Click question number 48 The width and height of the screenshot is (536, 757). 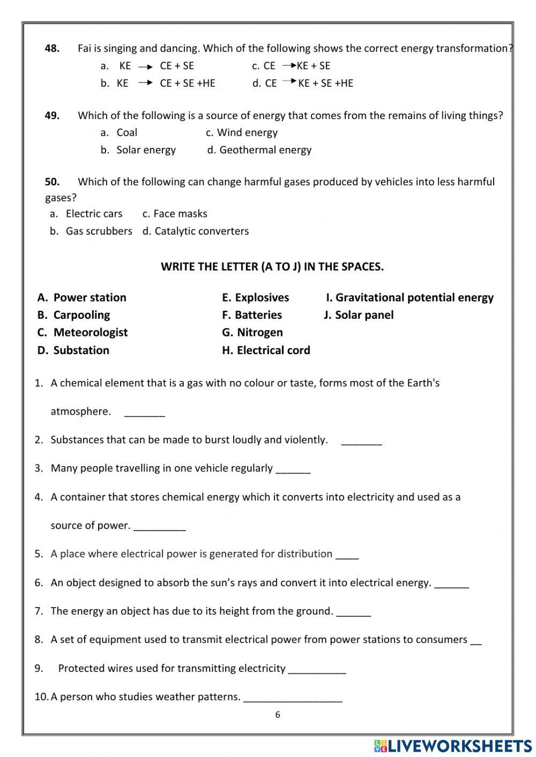tap(52, 48)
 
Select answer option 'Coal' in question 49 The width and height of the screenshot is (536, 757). tap(126, 132)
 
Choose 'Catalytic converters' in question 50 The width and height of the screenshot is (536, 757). tap(202, 231)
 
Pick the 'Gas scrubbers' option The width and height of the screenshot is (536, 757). tap(99, 231)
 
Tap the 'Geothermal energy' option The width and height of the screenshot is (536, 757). tap(265, 150)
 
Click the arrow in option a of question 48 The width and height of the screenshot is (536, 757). tap(145, 66)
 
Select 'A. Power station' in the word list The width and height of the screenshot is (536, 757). tap(82, 297)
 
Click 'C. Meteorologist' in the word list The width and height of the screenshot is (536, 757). tap(83, 332)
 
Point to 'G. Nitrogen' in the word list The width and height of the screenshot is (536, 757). tap(252, 332)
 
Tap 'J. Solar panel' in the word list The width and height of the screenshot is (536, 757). tap(359, 315)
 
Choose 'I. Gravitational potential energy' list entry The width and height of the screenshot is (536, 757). tap(410, 297)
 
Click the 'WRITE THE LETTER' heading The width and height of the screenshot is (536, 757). tap(272, 266)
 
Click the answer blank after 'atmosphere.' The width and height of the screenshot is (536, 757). tap(145, 413)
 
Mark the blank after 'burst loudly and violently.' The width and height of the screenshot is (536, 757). tap(361, 441)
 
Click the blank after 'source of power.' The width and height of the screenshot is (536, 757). tap(159, 527)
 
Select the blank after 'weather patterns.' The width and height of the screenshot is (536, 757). tap(293, 698)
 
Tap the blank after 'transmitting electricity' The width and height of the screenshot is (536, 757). tap(317, 669)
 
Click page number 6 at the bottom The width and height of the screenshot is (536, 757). tap(277, 714)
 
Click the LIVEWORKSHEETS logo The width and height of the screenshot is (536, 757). tap(452, 746)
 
